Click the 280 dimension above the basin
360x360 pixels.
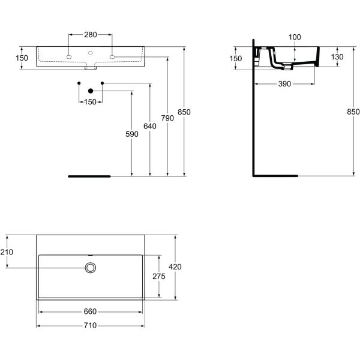click(90, 35)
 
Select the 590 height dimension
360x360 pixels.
click(131, 134)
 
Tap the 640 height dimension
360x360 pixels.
click(149, 126)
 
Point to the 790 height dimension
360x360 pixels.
click(167, 118)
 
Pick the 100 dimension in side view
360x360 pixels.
click(294, 38)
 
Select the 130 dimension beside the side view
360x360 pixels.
click(337, 56)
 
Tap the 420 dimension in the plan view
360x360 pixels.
click(176, 266)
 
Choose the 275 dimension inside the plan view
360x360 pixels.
click(159, 276)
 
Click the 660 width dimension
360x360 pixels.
click(90, 311)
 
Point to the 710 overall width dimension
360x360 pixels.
click(90, 326)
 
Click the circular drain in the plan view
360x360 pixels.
click(91, 267)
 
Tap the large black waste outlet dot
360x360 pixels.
click(91, 91)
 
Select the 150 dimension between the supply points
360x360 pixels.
click(90, 102)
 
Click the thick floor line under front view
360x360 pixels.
click(89, 176)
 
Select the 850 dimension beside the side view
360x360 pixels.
click(353, 112)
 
